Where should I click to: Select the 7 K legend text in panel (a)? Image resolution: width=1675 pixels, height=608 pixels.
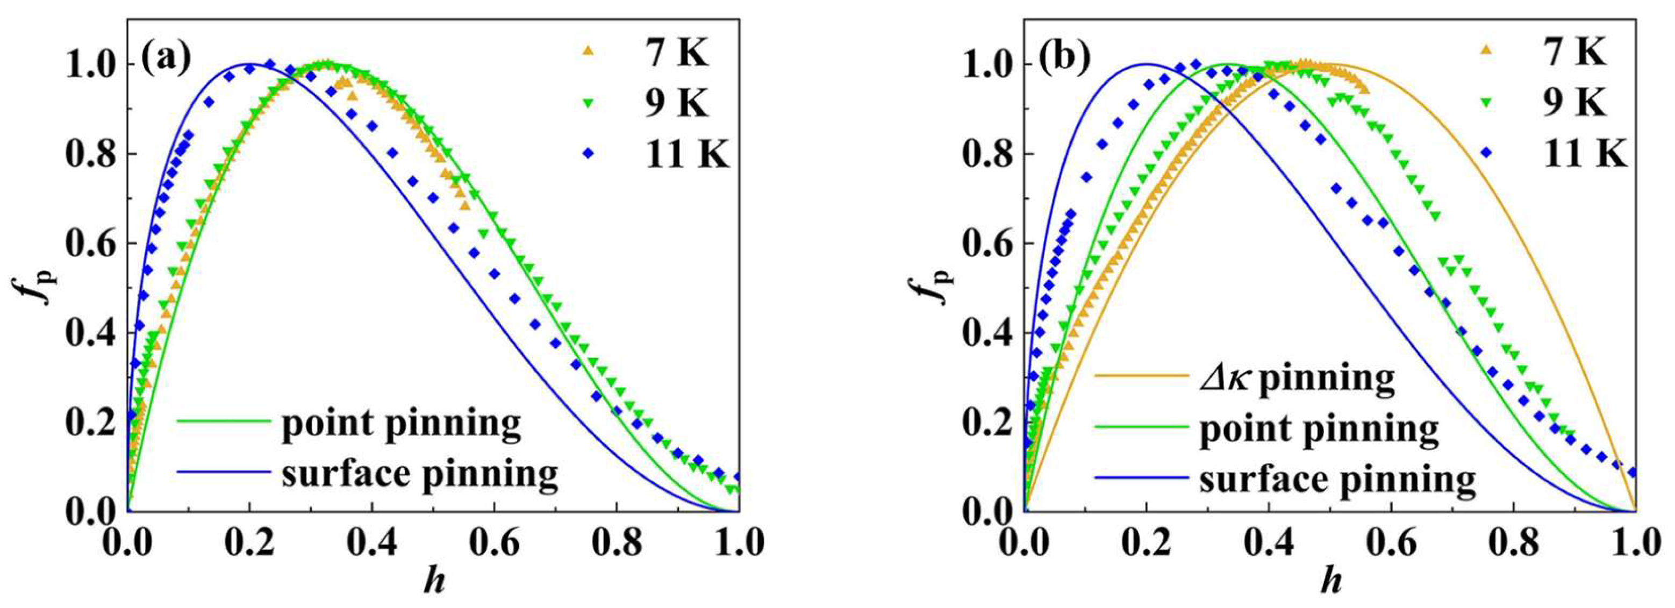(676, 54)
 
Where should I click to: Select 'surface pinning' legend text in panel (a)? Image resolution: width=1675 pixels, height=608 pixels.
(420, 474)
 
